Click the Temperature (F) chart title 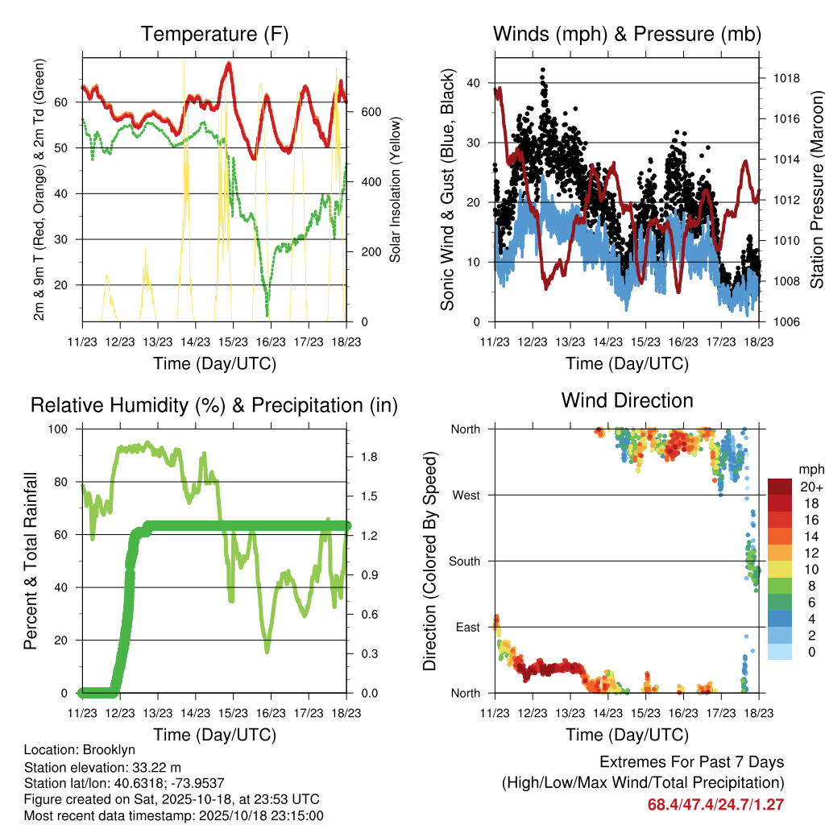coord(214,34)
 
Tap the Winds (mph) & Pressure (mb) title coord(627,34)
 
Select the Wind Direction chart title coord(627,400)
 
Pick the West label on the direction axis coord(466,495)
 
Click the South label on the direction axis coord(464,561)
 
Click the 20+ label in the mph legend coord(810,487)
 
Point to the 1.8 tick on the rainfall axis coord(369,457)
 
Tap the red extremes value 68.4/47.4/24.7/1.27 coord(715,804)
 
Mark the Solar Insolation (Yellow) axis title coord(396,189)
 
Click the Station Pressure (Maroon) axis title coord(815,189)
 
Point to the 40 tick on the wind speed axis coord(474,83)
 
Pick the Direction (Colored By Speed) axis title coord(429,561)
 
